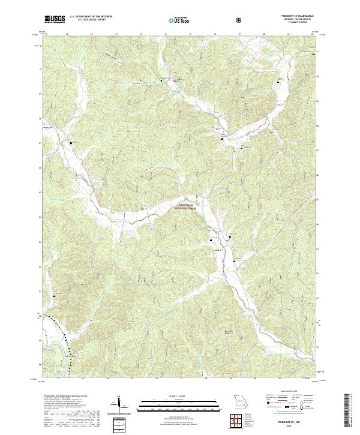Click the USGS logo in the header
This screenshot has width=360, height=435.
55,20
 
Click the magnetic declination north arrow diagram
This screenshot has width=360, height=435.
120,403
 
